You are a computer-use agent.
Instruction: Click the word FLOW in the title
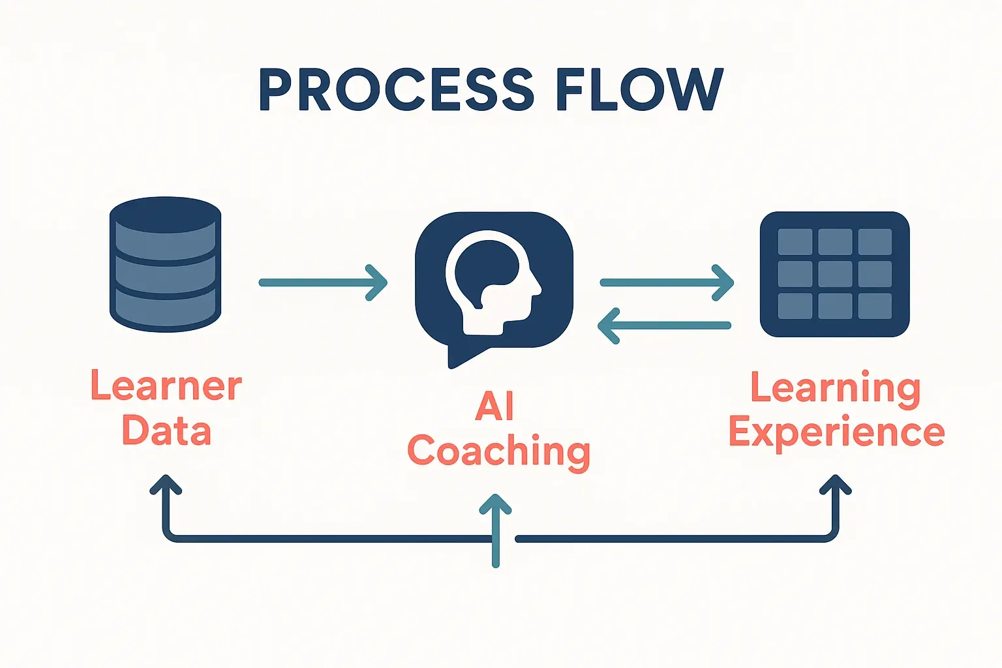(639, 89)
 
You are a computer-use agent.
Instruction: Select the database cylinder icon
(165, 264)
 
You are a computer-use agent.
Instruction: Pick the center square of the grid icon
(835, 274)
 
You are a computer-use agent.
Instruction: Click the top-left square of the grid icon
(795, 242)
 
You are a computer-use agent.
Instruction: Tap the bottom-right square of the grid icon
(875, 306)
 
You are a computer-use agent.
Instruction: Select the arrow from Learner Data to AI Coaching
(323, 282)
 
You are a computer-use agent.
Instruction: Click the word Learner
(166, 386)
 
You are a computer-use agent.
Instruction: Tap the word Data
(166, 431)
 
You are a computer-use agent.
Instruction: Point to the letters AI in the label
(494, 406)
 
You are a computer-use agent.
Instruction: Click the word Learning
(836, 389)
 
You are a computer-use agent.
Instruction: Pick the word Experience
(836, 433)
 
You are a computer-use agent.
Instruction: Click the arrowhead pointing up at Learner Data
(166, 484)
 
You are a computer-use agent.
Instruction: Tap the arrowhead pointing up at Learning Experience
(836, 484)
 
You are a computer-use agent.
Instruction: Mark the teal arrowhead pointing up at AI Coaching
(496, 504)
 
